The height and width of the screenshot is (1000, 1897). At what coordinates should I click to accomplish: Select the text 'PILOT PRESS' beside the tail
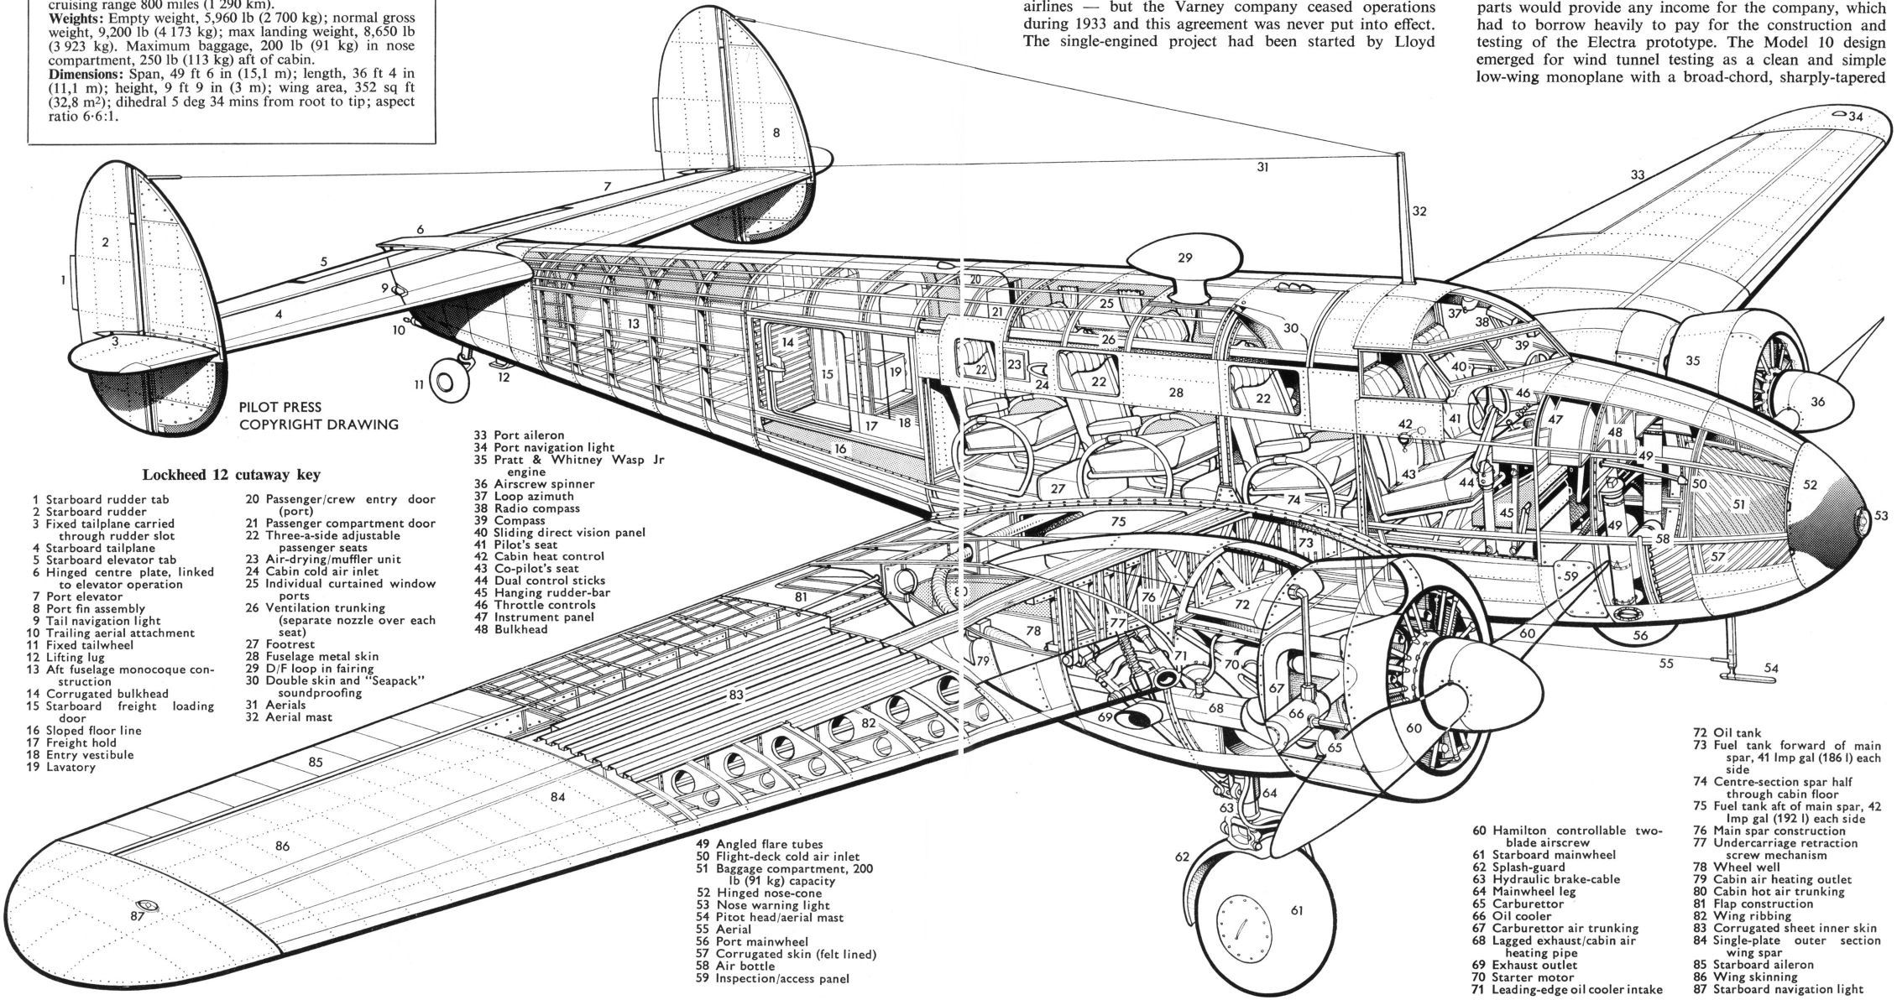[280, 407]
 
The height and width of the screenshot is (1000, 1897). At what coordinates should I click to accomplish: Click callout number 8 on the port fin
[776, 133]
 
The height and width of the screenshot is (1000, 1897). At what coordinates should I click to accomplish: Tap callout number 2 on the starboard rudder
[105, 243]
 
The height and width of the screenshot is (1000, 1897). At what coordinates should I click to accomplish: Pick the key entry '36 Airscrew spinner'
[534, 484]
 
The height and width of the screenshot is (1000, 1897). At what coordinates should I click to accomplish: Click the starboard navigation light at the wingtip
[150, 906]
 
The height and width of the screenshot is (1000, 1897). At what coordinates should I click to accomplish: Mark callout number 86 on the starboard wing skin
[282, 846]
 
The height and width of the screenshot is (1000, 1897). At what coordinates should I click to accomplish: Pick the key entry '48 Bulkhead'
[510, 629]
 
